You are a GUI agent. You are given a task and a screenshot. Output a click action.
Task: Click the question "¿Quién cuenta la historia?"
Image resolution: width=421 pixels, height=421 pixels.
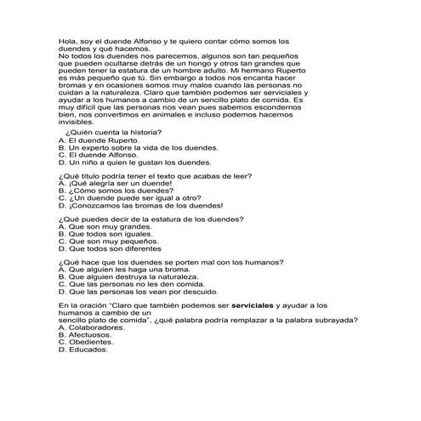[103, 134]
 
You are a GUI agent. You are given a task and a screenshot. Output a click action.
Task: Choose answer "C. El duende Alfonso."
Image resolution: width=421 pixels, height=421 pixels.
[94, 155]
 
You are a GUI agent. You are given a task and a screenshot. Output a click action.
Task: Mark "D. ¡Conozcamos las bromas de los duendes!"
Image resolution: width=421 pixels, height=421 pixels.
[128, 205]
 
